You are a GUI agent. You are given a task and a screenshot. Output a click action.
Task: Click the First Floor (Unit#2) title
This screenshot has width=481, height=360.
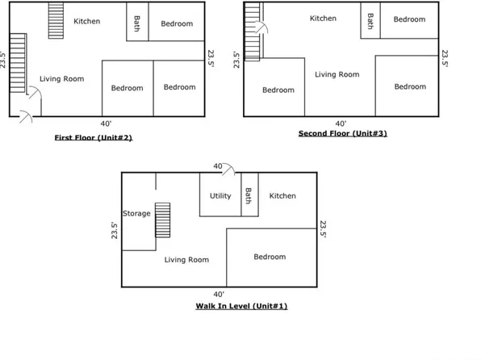[94, 137]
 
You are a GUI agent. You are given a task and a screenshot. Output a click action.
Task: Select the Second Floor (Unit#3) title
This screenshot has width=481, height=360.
[343, 133]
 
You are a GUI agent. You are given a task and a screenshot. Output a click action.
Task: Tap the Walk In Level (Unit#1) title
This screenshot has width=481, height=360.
[241, 306]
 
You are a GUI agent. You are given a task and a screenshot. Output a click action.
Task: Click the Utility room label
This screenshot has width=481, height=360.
[220, 196]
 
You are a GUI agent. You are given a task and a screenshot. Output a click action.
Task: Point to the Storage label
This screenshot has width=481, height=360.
[136, 213]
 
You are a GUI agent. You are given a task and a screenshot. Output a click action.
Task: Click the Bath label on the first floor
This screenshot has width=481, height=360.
[137, 23]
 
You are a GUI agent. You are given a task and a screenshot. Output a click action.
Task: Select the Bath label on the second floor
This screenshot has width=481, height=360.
[370, 21]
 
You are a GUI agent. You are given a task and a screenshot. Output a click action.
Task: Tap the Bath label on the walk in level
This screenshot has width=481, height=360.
[249, 196]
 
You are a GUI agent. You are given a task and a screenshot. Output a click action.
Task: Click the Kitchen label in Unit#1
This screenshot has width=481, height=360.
[282, 196]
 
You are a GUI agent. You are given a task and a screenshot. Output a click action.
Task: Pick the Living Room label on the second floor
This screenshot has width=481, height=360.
[337, 74]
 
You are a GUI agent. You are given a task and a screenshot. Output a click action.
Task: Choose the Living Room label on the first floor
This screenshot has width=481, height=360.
[61, 79]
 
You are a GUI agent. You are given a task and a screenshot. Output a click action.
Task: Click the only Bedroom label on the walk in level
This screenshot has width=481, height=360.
[270, 257]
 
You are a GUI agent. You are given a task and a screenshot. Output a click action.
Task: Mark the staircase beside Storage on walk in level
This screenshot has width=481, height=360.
[162, 220]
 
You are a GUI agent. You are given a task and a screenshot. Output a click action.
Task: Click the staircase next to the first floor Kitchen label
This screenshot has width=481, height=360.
[56, 21]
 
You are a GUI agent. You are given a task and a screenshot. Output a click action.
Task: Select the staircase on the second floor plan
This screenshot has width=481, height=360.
[252, 32]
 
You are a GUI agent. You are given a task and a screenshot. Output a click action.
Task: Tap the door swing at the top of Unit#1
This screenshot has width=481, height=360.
[229, 170]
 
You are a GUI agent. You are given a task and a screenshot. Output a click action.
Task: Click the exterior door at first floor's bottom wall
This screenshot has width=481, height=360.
[26, 116]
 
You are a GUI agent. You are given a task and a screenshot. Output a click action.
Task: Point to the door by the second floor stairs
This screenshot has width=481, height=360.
[261, 27]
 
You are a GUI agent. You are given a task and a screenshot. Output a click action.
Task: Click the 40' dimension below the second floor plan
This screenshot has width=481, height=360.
[341, 123]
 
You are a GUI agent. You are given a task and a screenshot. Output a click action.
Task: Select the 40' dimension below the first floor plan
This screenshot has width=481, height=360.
[106, 123]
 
